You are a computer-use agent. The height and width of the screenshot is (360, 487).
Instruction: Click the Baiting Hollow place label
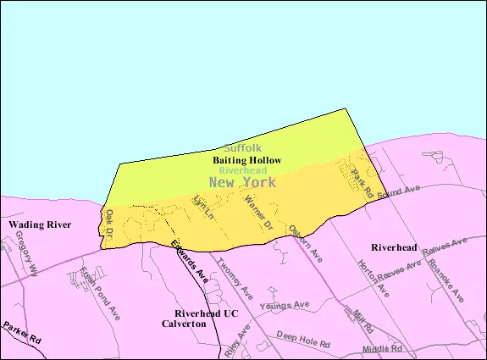pos(247,159)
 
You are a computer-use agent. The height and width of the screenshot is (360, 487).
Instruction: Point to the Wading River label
pos(41,224)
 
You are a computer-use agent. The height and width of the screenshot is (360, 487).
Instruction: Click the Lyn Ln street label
pos(202,208)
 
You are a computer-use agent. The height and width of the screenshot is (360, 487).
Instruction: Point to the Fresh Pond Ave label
pos(100,292)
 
